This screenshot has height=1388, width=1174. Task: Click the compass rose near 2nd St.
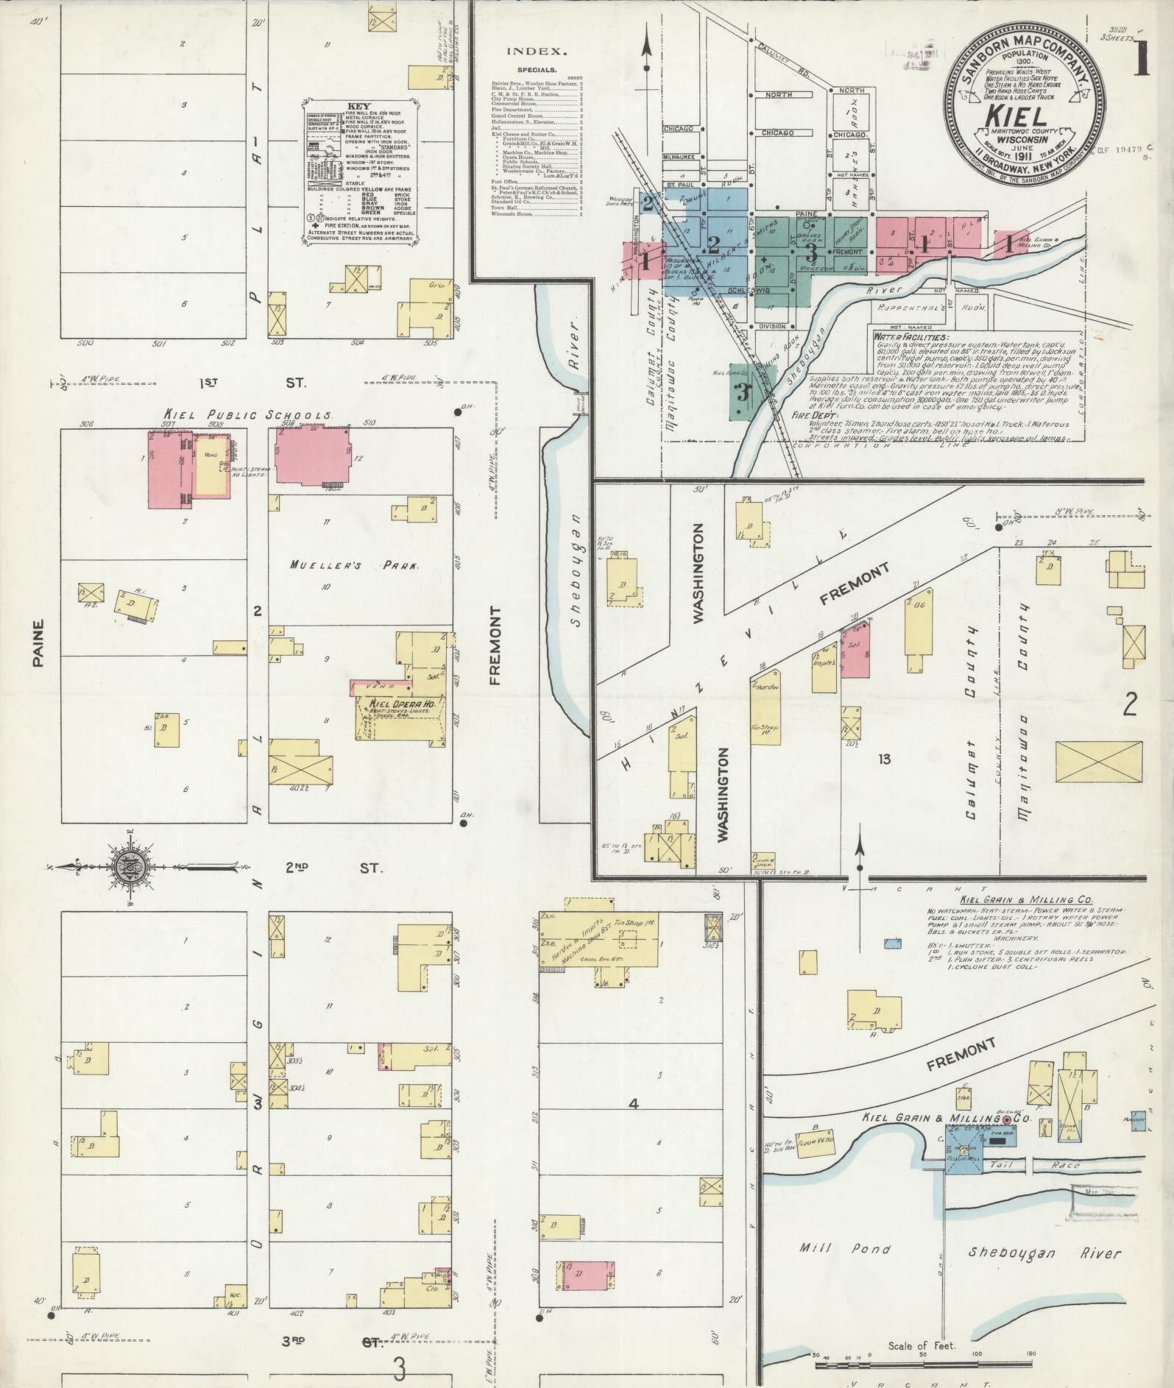coord(130,868)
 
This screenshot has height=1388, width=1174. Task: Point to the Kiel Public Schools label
coord(247,415)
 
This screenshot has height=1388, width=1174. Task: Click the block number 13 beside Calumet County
coord(883,759)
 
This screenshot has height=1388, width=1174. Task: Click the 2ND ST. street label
coord(335,868)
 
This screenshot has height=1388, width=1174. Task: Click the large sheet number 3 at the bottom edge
coord(400,1368)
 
